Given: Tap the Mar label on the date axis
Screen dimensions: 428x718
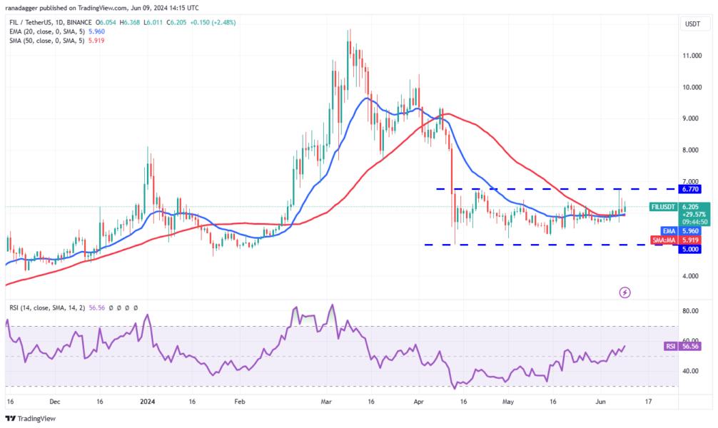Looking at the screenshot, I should coord(328,402).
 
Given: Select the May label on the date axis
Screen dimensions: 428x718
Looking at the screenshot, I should coord(508,402).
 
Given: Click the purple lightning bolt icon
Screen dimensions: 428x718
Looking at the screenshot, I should coord(625,292).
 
